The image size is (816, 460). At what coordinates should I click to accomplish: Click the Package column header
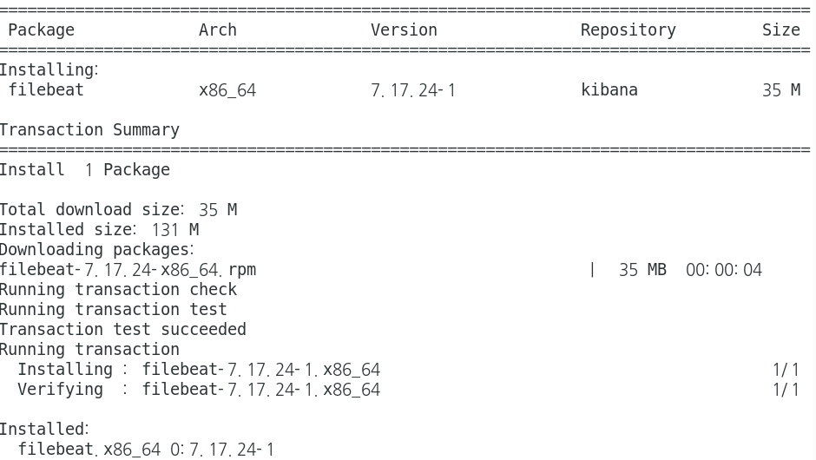41,30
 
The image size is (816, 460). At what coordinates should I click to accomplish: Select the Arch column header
217,30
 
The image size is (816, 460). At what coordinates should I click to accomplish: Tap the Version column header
404,30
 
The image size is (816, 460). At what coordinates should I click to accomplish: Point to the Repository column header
628,30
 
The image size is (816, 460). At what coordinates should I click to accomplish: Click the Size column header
780,30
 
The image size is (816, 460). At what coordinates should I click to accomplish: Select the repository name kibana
609,90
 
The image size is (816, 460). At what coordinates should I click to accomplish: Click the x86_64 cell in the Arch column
227,90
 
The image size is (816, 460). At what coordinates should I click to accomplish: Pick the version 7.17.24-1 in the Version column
413,90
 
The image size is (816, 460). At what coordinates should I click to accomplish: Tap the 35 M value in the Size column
780,90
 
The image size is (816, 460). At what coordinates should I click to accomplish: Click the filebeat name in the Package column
46,90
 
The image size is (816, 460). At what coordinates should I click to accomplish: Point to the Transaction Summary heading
89,130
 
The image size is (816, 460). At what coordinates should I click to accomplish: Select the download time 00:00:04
723,270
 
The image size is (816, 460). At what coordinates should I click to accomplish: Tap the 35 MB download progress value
642,270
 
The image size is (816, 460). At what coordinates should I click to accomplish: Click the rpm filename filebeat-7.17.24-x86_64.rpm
128,270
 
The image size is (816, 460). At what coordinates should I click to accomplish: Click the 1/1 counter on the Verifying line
786,390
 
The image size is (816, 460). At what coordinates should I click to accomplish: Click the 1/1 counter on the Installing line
786,370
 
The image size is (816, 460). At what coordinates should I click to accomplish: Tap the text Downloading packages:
96,250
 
